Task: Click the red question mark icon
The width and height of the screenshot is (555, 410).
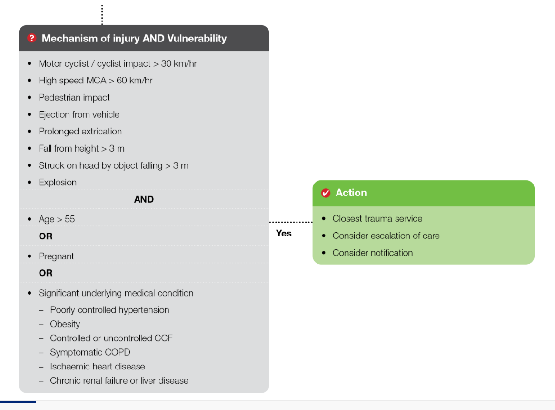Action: (x=32, y=38)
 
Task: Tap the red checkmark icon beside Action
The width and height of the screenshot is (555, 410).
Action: (x=326, y=193)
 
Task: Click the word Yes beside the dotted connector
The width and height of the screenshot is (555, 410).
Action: (x=284, y=233)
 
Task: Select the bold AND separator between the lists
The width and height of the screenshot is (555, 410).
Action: (x=144, y=199)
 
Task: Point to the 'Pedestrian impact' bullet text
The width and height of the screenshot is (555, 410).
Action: (x=74, y=97)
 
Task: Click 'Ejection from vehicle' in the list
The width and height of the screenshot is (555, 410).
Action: (x=79, y=114)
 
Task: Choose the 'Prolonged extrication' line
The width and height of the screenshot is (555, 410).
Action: (x=80, y=131)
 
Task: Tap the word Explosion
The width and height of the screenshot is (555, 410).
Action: (x=58, y=182)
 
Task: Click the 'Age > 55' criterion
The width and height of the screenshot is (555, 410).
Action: (x=57, y=219)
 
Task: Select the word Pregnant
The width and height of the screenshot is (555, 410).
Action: (x=56, y=256)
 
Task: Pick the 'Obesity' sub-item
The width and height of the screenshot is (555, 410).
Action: (x=65, y=324)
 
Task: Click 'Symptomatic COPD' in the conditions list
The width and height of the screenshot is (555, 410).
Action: (x=90, y=352)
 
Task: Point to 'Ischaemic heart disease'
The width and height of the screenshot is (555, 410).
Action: (x=98, y=366)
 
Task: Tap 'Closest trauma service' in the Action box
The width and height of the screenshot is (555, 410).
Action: (x=377, y=218)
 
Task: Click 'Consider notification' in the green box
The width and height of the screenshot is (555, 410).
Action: (x=373, y=253)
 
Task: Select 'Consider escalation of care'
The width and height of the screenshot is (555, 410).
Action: (x=386, y=236)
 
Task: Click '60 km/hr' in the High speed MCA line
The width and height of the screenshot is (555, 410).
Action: (x=135, y=80)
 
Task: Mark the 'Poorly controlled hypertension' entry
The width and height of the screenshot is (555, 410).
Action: (x=109, y=310)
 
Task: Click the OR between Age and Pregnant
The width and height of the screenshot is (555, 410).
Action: (x=46, y=236)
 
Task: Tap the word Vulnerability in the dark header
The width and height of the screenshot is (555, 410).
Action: (x=197, y=38)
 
